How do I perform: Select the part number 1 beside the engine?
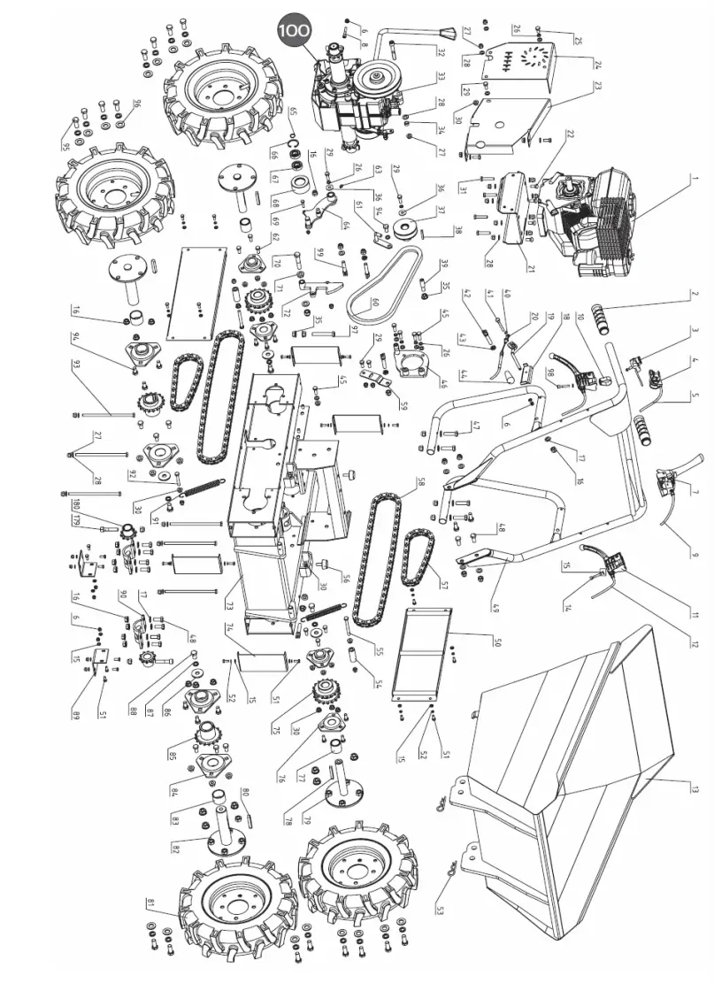696,178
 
